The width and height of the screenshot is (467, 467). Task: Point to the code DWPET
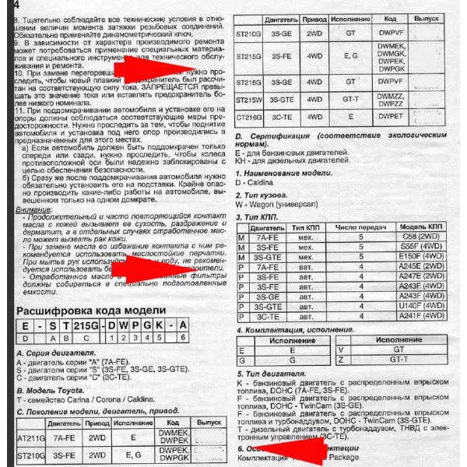390,116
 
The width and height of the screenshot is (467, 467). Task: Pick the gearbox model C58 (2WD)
425,235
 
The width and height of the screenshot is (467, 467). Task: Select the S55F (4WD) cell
425,246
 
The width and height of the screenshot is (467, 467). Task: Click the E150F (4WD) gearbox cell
425,256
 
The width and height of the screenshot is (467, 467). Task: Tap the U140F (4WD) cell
425,307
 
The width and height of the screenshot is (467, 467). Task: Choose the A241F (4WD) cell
425,317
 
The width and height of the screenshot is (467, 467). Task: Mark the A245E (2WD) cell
425,266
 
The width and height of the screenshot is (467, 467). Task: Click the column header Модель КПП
425,225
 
